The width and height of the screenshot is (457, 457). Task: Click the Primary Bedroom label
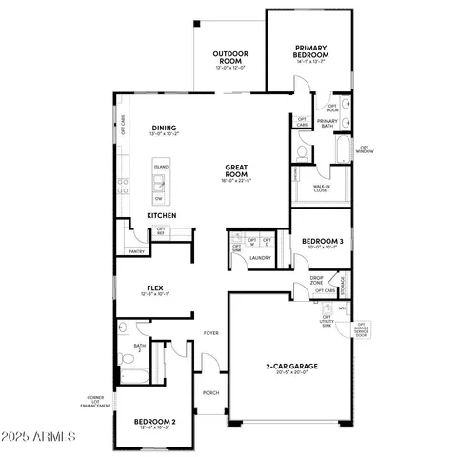tap(311, 52)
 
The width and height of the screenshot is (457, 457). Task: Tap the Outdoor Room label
tap(229, 57)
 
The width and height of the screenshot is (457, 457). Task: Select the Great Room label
tap(236, 171)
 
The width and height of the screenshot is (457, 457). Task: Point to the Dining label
tap(165, 128)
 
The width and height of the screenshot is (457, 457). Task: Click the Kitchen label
tap(161, 216)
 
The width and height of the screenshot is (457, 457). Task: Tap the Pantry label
tap(136, 251)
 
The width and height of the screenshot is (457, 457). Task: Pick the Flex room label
tap(154, 288)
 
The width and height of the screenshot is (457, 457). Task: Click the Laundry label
tap(260, 258)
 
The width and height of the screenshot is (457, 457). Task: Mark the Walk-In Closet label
tap(317, 189)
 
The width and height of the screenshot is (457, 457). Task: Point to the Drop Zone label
tap(317, 281)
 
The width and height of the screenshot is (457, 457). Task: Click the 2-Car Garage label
tap(291, 366)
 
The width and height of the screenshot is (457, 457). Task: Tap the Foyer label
tap(211, 332)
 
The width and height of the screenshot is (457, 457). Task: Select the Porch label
tap(211, 391)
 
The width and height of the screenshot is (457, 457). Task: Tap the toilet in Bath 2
tap(124, 360)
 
